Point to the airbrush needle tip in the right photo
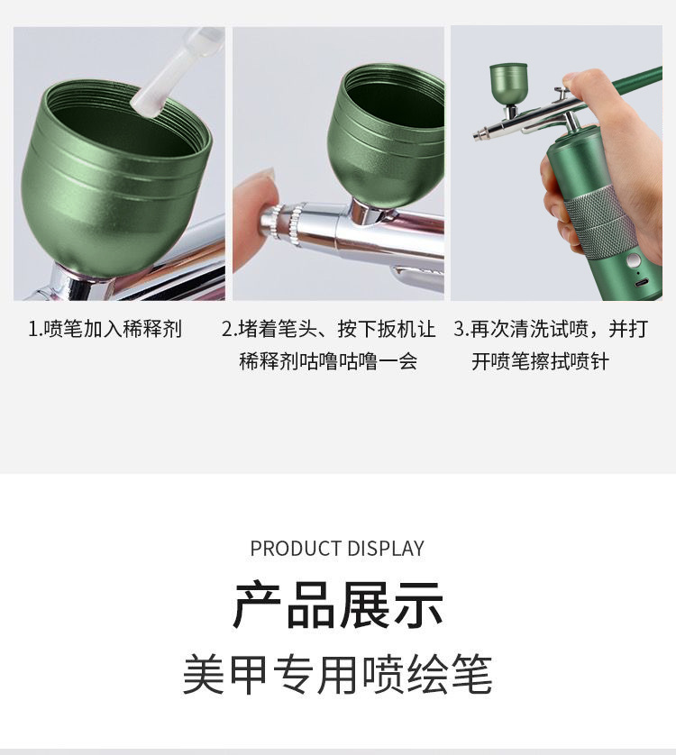pyautogui.click(x=477, y=136)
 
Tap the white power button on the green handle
pyautogui.click(x=634, y=261)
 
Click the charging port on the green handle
pyautogui.click(x=642, y=282)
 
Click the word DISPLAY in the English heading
pyautogui.click(x=386, y=549)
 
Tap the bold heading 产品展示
pyautogui.click(x=338, y=605)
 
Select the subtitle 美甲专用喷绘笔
pyautogui.click(x=338, y=674)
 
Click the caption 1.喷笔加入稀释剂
pyautogui.click(x=105, y=329)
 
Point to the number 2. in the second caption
pyautogui.click(x=229, y=330)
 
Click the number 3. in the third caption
pyautogui.click(x=461, y=330)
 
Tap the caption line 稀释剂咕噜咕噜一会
pyautogui.click(x=328, y=361)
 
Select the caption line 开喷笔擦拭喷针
pyautogui.click(x=540, y=361)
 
